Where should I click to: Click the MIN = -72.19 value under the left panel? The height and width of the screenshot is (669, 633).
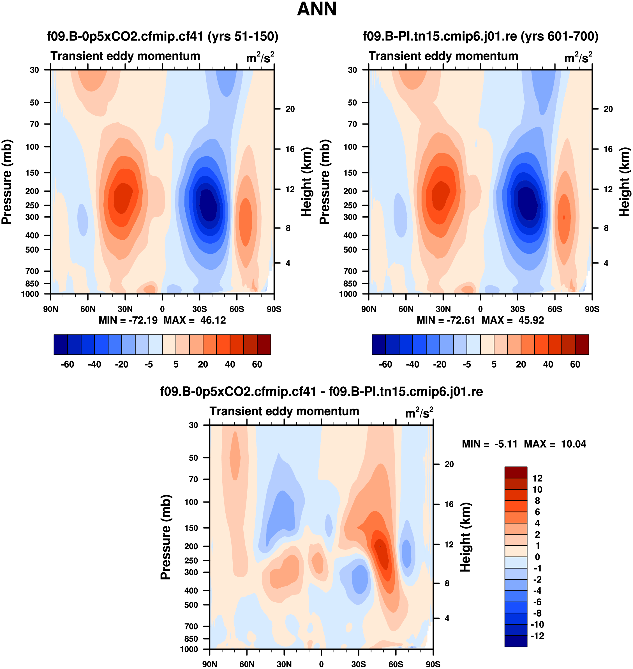[128, 320]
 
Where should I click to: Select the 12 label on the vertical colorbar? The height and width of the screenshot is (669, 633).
[537, 478]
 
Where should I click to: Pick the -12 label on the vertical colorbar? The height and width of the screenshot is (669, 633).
[537, 636]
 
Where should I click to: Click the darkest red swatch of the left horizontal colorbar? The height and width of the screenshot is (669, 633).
[264, 345]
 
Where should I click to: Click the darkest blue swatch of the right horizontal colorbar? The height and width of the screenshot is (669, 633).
[378, 345]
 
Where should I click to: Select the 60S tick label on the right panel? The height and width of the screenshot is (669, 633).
[555, 309]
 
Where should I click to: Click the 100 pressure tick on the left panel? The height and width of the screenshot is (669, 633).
[33, 147]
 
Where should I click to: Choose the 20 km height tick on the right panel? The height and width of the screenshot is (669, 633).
[608, 109]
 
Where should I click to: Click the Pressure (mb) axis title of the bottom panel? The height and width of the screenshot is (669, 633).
[166, 537]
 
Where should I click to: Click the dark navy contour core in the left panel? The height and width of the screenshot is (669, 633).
[209, 205]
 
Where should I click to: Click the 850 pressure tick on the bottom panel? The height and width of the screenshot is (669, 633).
[191, 639]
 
